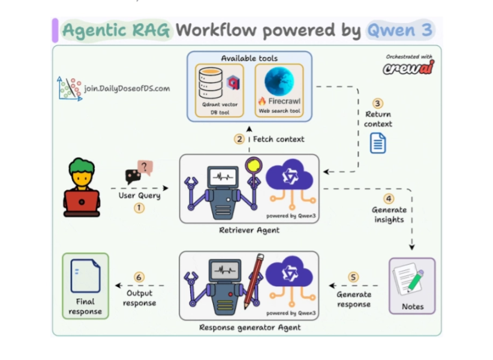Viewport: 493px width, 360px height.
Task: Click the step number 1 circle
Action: tap(139, 208)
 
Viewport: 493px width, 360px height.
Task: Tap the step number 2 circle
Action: tap(239, 139)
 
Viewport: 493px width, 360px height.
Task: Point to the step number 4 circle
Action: tap(389, 199)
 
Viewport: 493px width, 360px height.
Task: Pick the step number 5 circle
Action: tap(353, 277)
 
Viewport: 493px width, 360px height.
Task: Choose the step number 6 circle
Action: tap(139, 277)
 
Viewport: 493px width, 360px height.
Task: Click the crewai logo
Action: tap(408, 68)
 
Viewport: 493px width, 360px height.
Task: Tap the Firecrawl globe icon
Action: tap(279, 81)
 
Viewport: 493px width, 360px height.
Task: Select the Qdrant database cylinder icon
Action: tap(211, 83)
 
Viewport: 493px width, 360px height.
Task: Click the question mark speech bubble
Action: tap(145, 166)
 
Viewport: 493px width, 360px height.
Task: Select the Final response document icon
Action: tap(85, 275)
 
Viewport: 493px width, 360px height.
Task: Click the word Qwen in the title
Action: tap(390, 30)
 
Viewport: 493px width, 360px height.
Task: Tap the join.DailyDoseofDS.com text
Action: tap(127, 88)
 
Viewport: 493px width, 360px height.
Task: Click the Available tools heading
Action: tap(249, 58)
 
